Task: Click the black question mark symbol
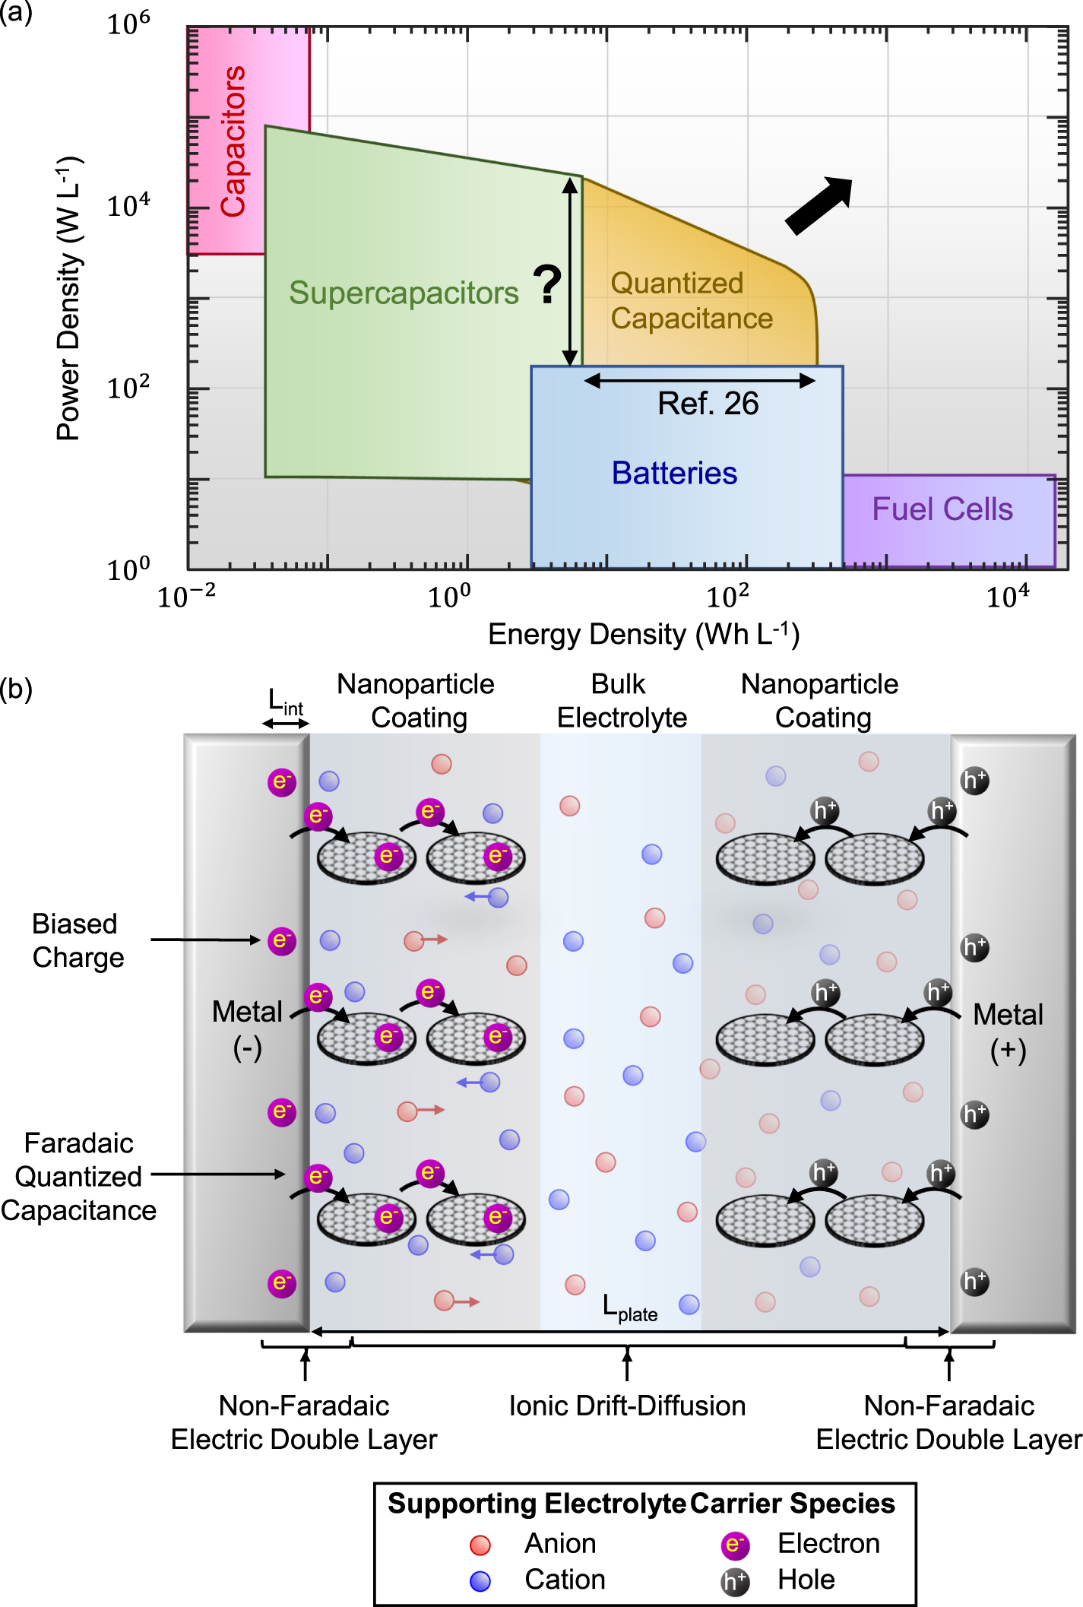click(x=546, y=284)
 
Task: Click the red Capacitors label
click(x=233, y=141)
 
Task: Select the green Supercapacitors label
click(x=404, y=293)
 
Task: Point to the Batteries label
click(x=674, y=474)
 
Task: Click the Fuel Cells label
click(x=942, y=509)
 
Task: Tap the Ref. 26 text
click(x=708, y=404)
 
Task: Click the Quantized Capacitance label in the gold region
click(x=691, y=301)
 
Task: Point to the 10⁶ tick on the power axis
click(x=128, y=25)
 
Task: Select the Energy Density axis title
click(x=643, y=634)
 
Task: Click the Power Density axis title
click(x=69, y=298)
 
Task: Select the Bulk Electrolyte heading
click(x=621, y=701)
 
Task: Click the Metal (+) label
click(x=1008, y=1032)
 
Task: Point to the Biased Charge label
click(x=78, y=940)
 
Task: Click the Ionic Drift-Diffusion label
click(x=627, y=1406)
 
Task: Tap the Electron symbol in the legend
click(x=734, y=1545)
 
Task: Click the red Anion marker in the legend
click(x=480, y=1545)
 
